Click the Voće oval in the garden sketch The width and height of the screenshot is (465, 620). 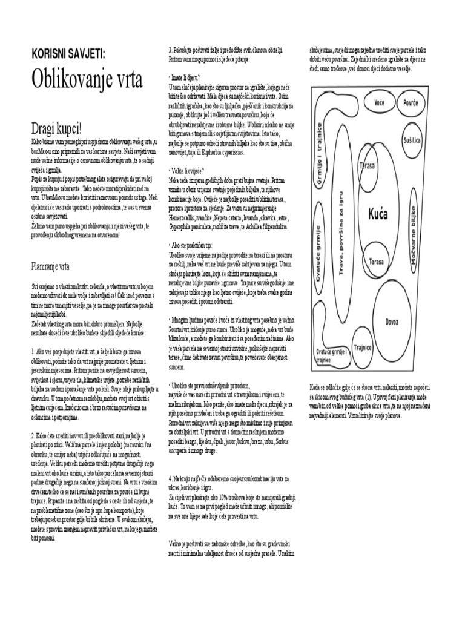coord(380,102)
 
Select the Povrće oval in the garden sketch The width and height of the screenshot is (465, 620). coord(411,103)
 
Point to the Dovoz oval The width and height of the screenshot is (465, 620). coord(392,322)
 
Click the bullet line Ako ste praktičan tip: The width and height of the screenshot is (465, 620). coord(191,245)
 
